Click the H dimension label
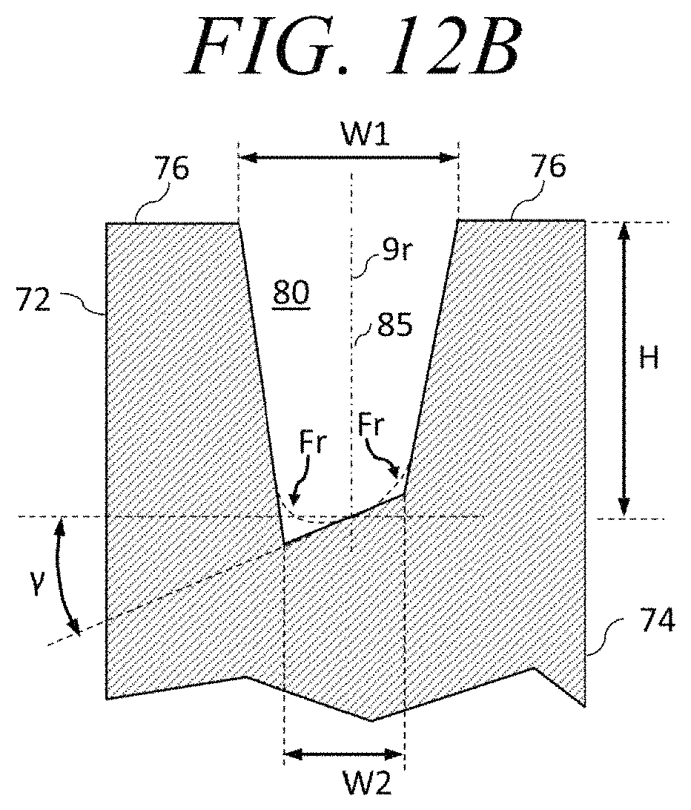[x=649, y=361]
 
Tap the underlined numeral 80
[x=291, y=293]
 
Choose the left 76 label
[x=172, y=170]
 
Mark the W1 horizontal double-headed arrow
[x=348, y=157]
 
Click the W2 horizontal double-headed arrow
[x=345, y=755]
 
